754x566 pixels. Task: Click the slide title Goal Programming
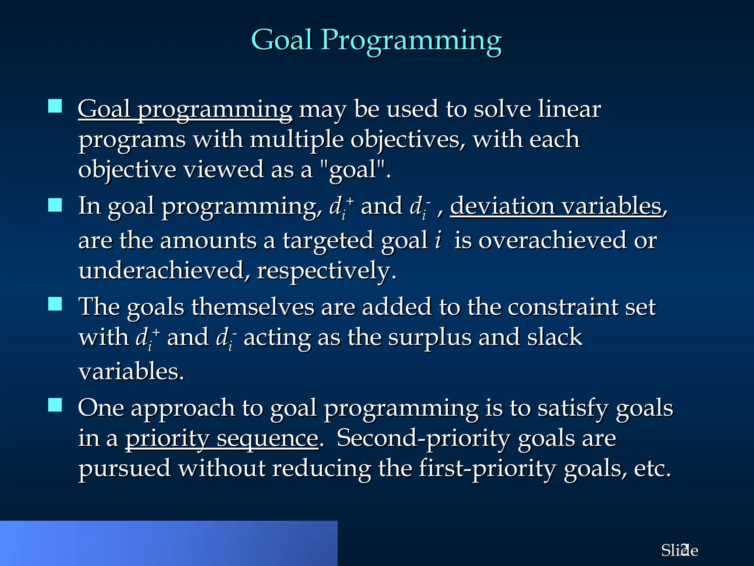pyautogui.click(x=376, y=41)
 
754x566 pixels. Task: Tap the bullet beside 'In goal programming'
pyautogui.click(x=55, y=205)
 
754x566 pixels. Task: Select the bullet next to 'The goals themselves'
pyautogui.click(x=55, y=304)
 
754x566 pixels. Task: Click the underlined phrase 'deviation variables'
pyautogui.click(x=556, y=206)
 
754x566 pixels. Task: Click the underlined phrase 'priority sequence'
pyautogui.click(x=222, y=439)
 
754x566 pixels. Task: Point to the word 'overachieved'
pyautogui.click(x=552, y=240)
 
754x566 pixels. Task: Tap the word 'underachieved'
pyautogui.click(x=161, y=270)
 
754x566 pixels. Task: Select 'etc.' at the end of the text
pyautogui.click(x=652, y=469)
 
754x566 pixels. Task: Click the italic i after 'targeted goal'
pyautogui.click(x=438, y=240)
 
